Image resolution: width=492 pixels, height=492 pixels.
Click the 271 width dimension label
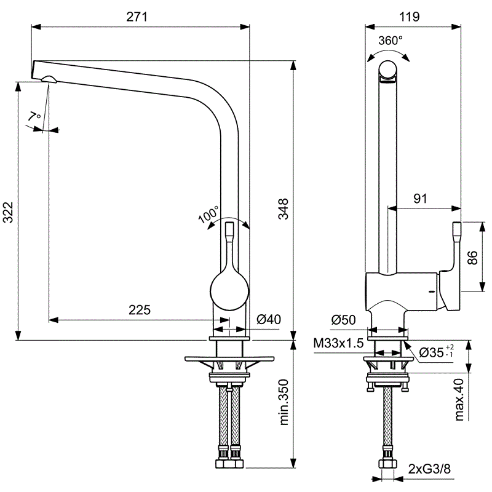point(137,17)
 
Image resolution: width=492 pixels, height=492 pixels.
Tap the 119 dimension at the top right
point(409,17)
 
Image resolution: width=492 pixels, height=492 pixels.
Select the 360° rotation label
point(390,41)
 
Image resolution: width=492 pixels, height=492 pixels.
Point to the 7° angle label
point(34,116)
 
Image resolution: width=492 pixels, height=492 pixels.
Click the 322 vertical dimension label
point(9,212)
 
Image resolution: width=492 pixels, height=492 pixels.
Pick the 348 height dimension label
point(284,208)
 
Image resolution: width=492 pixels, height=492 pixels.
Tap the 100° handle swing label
point(208,214)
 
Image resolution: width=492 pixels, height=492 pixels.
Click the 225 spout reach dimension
point(140,310)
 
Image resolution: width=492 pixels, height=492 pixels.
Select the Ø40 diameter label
point(269,319)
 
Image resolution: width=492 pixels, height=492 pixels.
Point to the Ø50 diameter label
point(343,320)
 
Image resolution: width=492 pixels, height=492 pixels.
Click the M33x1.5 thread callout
point(338,343)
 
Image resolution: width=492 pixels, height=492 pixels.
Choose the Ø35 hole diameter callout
point(436,351)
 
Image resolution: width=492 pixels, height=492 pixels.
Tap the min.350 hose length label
point(284,402)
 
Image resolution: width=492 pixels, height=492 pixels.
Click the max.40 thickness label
point(459,399)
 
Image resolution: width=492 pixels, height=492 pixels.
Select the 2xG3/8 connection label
point(429,469)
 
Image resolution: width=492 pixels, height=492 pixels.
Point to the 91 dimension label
point(420,198)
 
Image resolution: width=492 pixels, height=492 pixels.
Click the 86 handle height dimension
point(472,258)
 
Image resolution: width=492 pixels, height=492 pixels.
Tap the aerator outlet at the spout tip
point(49,79)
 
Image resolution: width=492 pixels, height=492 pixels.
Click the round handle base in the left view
point(229,291)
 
